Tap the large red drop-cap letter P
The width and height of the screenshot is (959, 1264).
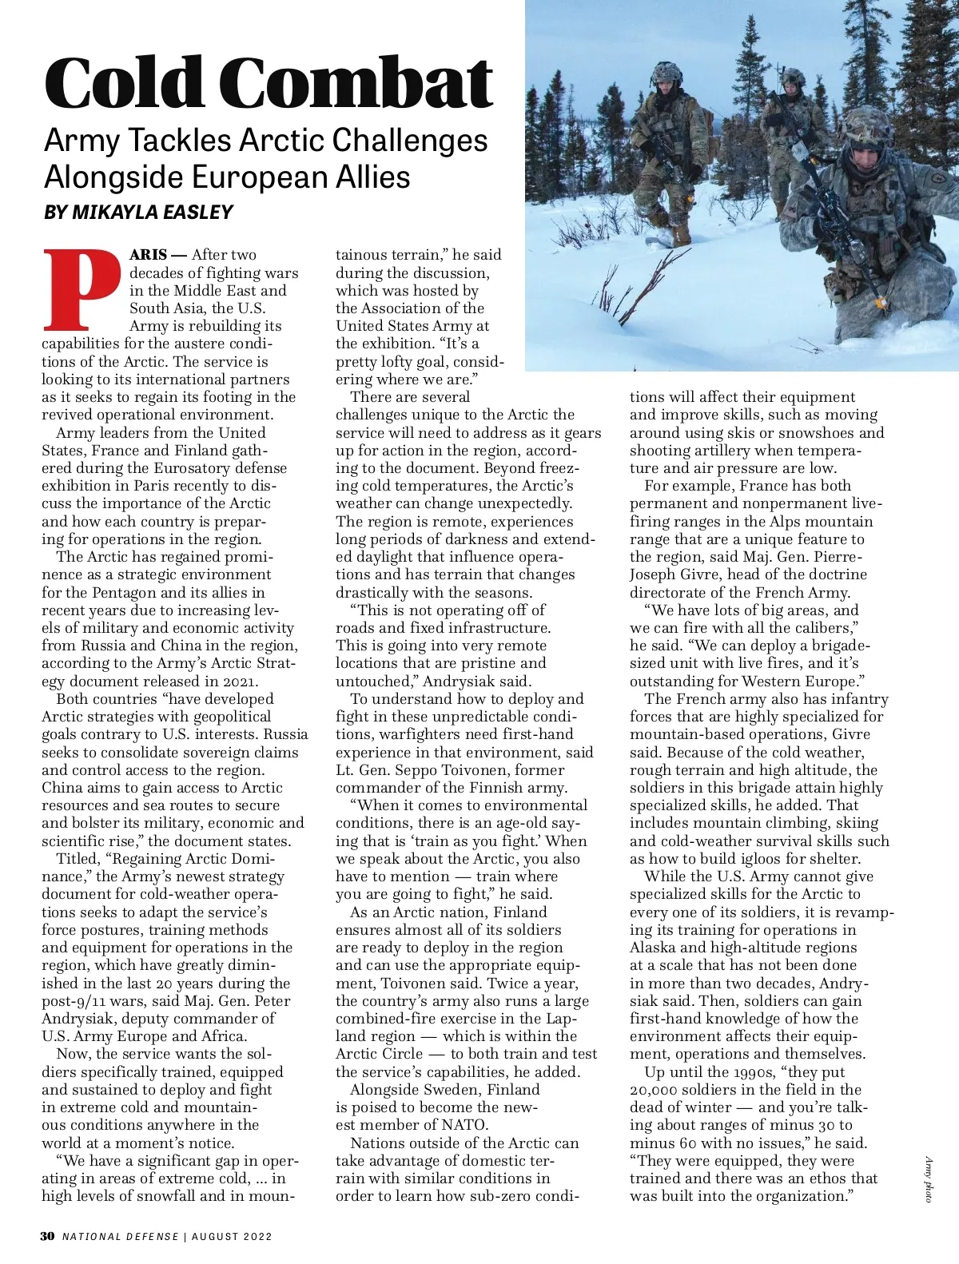point(80,290)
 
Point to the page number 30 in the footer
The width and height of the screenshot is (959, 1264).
point(48,1236)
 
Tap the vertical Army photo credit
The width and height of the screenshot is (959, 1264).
point(929,1179)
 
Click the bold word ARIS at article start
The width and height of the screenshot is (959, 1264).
point(149,255)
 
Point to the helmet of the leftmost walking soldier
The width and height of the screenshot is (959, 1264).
point(667,74)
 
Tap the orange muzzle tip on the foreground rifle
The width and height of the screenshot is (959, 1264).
point(881,304)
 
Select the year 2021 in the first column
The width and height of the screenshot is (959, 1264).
point(237,682)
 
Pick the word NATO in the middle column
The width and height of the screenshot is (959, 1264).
point(464,1125)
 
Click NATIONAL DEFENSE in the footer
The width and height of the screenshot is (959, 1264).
point(121,1236)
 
